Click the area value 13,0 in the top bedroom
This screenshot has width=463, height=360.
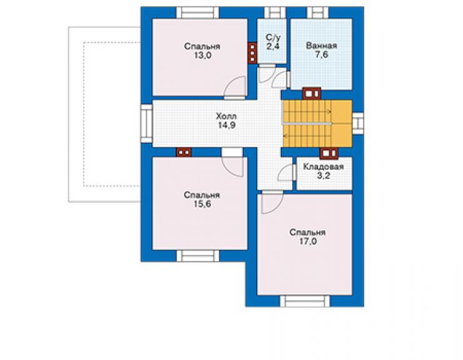point(203,55)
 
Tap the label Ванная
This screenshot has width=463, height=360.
point(321,46)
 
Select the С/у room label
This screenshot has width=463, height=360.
point(273,38)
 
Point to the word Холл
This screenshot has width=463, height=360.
point(226,116)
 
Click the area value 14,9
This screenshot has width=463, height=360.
point(226,125)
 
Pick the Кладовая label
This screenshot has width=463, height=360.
point(323,167)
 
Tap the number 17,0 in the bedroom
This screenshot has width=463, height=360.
point(308,242)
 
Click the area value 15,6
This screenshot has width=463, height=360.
point(202,204)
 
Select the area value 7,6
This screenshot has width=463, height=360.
point(322,54)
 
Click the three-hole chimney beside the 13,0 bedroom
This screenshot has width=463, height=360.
point(252,53)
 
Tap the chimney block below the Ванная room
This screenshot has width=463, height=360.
point(312,94)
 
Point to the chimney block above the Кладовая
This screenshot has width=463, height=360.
point(329,153)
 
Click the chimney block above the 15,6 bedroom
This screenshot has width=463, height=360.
point(184,153)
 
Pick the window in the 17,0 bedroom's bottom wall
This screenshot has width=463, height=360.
point(305,301)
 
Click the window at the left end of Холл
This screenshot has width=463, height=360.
point(146,123)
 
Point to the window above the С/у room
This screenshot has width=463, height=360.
point(275,13)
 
